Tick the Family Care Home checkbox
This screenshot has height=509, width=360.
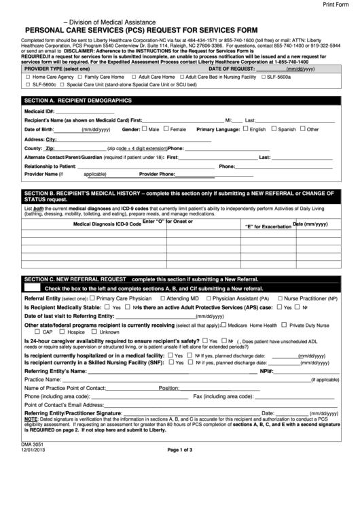pos(79,77)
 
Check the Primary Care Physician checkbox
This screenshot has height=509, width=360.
pos(92,298)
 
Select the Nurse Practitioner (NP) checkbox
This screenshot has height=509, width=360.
pos(279,298)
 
